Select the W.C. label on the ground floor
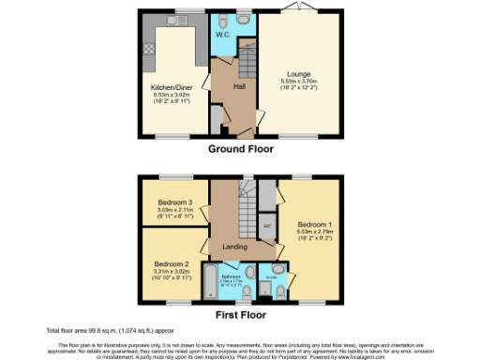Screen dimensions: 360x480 [224, 35]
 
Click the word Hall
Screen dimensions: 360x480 [238, 86]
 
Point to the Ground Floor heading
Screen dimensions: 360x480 [240, 149]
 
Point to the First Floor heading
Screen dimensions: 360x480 [240, 316]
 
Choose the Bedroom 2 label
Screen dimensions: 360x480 [172, 264]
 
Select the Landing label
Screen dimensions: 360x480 [234, 247]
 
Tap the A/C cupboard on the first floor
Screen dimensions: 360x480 [267, 226]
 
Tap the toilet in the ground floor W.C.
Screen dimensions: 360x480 [242, 21]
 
